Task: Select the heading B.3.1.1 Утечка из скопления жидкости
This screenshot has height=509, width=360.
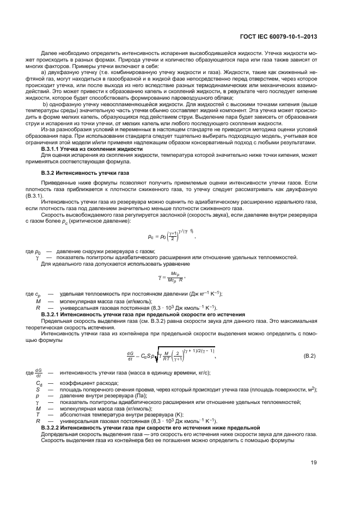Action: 84,148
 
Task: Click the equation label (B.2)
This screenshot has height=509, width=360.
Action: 309,356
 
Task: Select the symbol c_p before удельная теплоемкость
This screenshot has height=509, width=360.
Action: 38,294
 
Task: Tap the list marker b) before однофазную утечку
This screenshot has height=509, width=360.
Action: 45,103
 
